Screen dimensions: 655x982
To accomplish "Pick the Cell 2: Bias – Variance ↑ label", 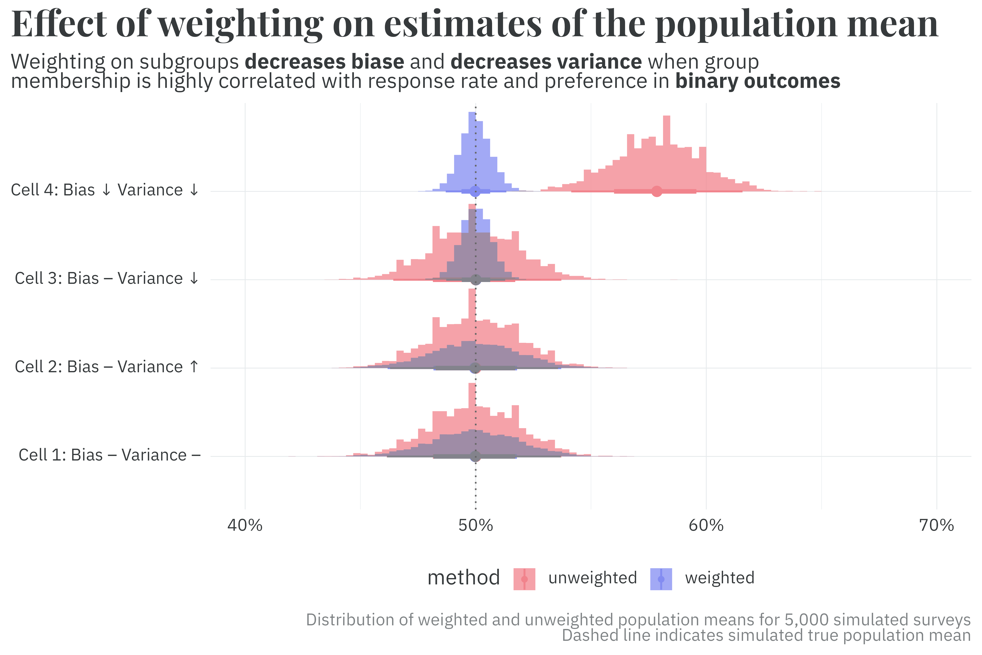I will [107, 367].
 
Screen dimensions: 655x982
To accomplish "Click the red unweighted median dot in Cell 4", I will [657, 191].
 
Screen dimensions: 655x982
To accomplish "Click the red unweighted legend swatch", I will [524, 579].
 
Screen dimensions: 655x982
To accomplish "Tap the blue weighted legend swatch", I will [661, 579].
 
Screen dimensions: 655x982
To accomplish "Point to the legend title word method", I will [463, 578].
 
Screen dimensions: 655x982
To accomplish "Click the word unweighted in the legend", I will [592, 578].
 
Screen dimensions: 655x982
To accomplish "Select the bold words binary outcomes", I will [757, 81].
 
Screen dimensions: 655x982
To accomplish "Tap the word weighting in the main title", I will [241, 24].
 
